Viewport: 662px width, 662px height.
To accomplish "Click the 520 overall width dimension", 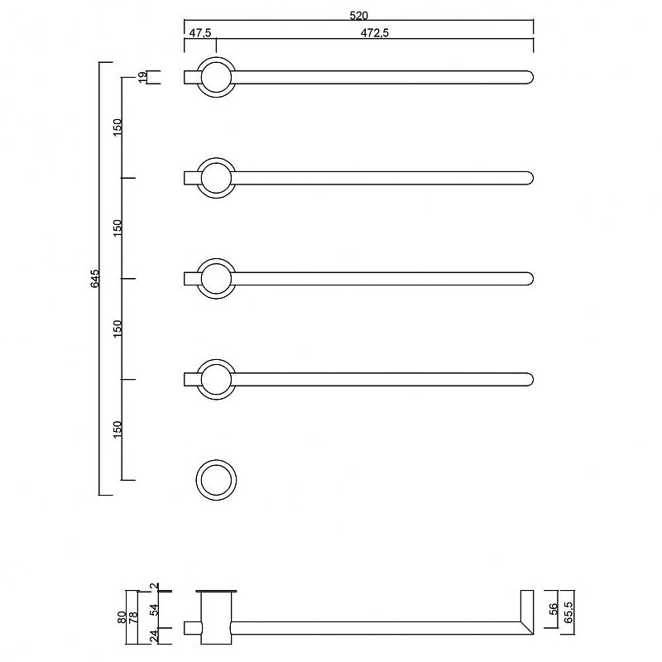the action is click(x=359, y=16).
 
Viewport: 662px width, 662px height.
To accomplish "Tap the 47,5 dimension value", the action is click(x=200, y=33).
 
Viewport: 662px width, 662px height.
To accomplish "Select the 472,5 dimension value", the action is click(x=375, y=33).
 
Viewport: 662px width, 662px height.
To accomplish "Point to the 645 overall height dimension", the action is click(x=95, y=279).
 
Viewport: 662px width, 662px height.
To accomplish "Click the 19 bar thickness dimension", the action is click(x=143, y=77).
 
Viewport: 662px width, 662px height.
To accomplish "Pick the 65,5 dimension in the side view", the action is click(x=568, y=612).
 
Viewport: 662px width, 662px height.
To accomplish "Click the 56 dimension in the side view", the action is click(x=554, y=609).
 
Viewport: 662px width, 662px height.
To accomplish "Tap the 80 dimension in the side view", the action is click(x=122, y=617).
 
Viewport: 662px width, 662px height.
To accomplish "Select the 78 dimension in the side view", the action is click(x=133, y=617).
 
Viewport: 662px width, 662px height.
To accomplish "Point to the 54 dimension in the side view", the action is click(x=155, y=610).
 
